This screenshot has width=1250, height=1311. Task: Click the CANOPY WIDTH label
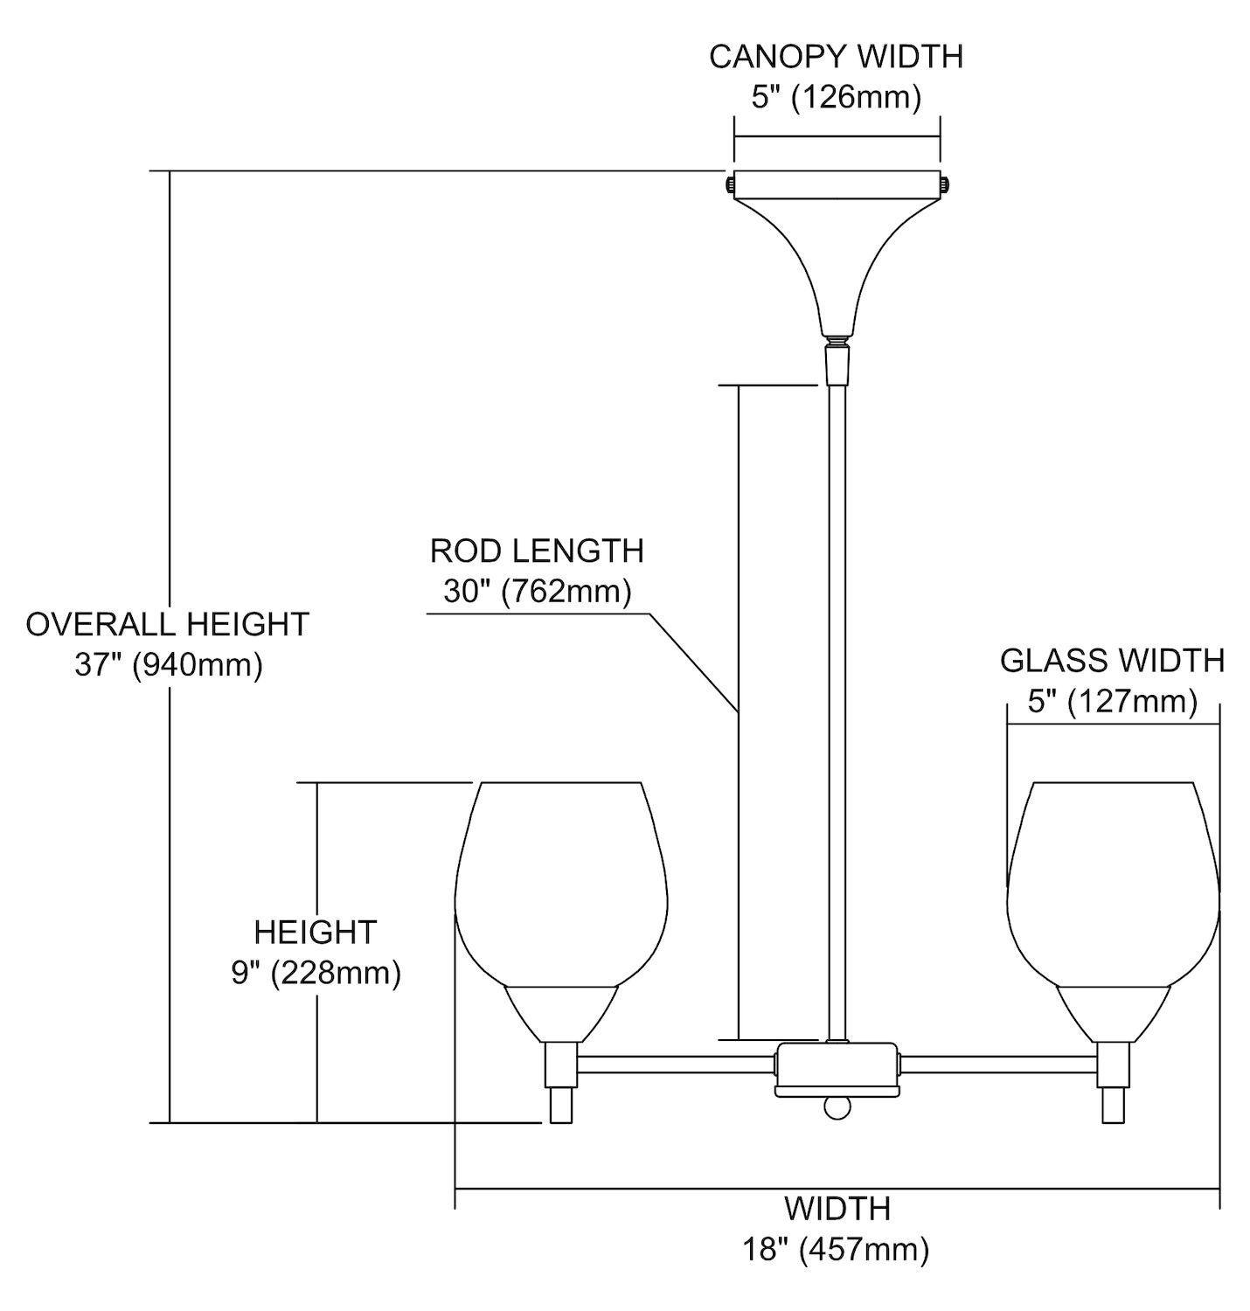pyautogui.click(x=836, y=57)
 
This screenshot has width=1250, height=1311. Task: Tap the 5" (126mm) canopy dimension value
pyautogui.click(x=836, y=97)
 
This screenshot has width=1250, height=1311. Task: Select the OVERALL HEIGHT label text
pyautogui.click(x=167, y=624)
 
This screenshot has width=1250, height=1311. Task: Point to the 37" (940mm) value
pyautogui.click(x=168, y=665)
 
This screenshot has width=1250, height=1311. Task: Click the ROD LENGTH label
pyautogui.click(x=537, y=551)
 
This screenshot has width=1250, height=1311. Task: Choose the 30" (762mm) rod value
pyautogui.click(x=537, y=592)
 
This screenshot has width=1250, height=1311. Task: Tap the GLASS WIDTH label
pyautogui.click(x=1112, y=661)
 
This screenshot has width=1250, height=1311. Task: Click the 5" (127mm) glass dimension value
pyautogui.click(x=1112, y=701)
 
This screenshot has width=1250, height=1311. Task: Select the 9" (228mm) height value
pyautogui.click(x=316, y=973)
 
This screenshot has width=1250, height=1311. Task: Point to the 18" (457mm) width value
pyautogui.click(x=836, y=1249)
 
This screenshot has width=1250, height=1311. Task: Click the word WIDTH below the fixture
pyautogui.click(x=837, y=1209)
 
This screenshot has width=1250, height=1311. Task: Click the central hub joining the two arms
pyautogui.click(x=837, y=1068)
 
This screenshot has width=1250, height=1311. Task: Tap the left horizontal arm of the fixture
pyautogui.click(x=675, y=1064)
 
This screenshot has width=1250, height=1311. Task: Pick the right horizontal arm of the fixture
pyautogui.click(x=998, y=1064)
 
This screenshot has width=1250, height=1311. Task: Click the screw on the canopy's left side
pyautogui.click(x=728, y=184)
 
